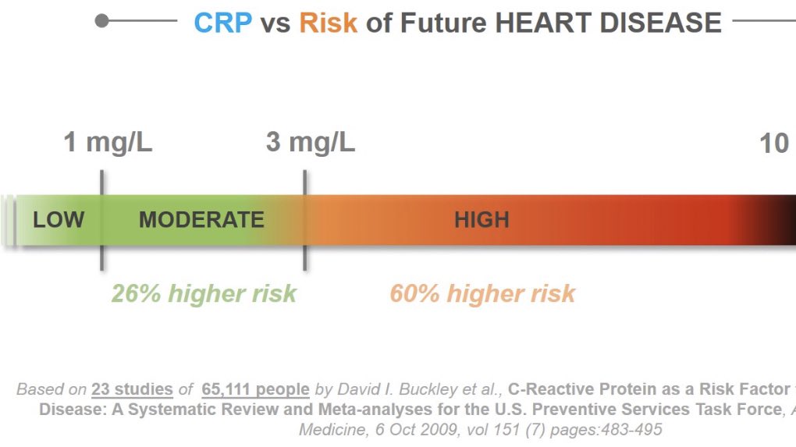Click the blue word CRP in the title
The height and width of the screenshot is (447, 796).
coord(223,23)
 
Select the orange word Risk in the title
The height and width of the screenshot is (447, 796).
coord(328,23)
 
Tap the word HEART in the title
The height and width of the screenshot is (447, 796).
coord(542,23)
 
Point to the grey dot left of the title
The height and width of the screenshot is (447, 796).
coord(101,21)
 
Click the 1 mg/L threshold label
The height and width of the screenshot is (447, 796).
coord(108,142)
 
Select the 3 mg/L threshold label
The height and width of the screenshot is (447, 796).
coord(310,142)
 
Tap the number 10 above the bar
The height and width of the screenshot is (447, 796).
coord(774,143)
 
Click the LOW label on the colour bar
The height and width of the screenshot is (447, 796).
coord(59,220)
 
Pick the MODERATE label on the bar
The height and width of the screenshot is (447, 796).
coord(201,220)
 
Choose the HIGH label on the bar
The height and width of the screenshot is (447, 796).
coord(482,220)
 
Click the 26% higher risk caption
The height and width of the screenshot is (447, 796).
coord(204,293)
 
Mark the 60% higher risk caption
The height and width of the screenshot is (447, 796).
coord(482,293)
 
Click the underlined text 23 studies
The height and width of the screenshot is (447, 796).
coord(132,389)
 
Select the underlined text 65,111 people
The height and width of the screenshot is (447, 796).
coord(255,389)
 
